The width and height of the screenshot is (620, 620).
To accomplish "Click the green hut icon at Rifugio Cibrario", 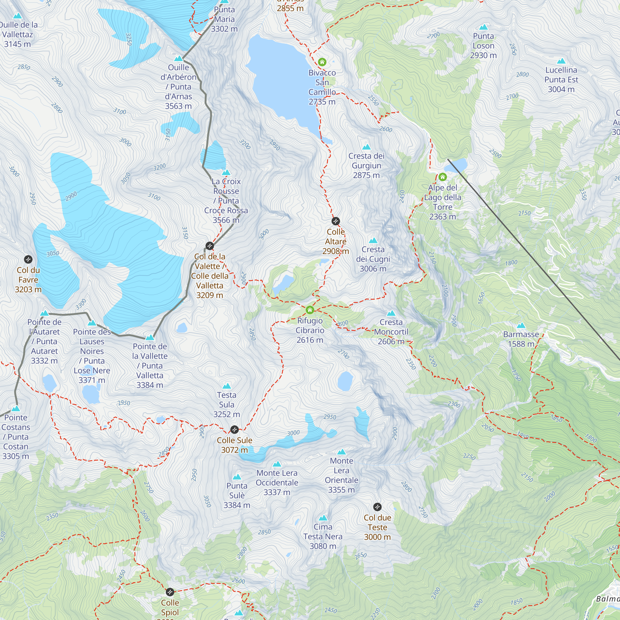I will click(x=310, y=310).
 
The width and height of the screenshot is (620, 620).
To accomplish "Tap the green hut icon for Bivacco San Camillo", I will click(x=322, y=62).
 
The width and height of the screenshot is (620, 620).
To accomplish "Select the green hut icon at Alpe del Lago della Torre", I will click(x=443, y=176).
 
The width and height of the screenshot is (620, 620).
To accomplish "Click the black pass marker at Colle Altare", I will click(x=335, y=221).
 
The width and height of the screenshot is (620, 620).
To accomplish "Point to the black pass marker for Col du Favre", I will click(x=28, y=259).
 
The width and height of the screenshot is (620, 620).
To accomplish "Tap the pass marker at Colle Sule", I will click(x=235, y=429).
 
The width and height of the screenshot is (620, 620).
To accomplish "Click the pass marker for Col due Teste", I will click(x=377, y=507).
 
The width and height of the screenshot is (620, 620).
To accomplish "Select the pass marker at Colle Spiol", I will click(x=170, y=592).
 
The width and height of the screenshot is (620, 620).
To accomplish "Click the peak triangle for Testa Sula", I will click(x=227, y=386).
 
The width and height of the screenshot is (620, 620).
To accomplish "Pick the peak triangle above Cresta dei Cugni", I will click(x=373, y=240).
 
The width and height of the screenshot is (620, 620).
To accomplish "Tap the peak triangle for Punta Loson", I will click(x=483, y=27).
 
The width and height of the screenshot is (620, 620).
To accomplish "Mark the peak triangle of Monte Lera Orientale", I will click(x=341, y=452).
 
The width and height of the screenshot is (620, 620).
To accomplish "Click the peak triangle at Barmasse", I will click(x=521, y=325).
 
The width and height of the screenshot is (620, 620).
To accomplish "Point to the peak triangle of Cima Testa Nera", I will click(x=323, y=518).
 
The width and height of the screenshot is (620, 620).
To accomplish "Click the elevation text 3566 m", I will click(x=226, y=220).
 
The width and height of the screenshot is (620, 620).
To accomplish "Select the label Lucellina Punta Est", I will click(x=561, y=79).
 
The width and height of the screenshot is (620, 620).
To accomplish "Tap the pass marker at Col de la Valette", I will click(x=210, y=246).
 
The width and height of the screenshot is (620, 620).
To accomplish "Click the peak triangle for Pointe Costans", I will click(x=16, y=409).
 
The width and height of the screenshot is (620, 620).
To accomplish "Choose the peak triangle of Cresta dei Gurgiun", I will click(x=366, y=147).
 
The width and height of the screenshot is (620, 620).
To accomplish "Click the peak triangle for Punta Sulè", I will click(x=237, y=477).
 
